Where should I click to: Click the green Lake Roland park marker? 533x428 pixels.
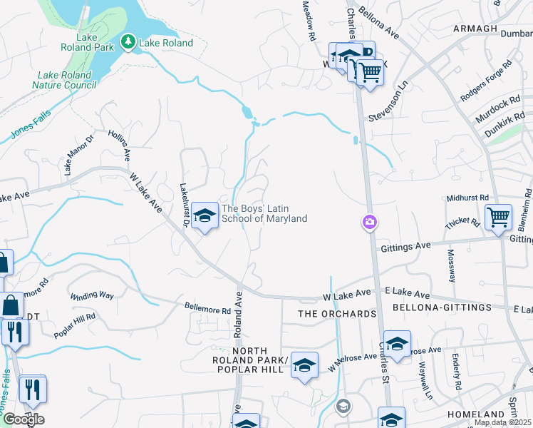coord(128,43)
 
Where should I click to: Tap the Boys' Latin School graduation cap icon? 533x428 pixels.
coord(205,216)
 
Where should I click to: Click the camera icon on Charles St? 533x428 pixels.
coord(369,223)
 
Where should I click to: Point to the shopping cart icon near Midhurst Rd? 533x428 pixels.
coord(498,217)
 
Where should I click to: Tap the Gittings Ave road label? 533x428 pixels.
coord(406,245)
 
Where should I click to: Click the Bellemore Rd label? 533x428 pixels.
coord(207,310)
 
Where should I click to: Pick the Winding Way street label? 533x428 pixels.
coord(91,295)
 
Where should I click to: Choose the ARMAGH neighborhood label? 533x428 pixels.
coord(474,29)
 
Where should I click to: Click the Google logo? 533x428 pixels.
coord(23,419)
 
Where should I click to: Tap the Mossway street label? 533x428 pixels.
coord(451,265)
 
